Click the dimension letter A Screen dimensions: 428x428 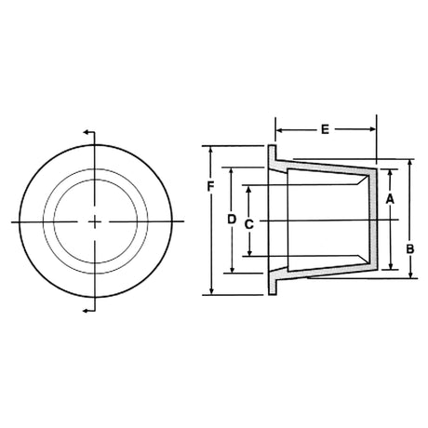391,198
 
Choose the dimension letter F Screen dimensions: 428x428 211,187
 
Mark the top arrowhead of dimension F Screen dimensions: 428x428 212,150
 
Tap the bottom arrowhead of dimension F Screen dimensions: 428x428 212,291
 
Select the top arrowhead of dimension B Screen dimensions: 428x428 409,164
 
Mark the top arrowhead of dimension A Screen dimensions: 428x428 391,173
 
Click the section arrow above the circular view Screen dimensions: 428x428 87,134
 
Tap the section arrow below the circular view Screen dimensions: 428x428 87,309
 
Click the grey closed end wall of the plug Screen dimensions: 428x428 375,221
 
